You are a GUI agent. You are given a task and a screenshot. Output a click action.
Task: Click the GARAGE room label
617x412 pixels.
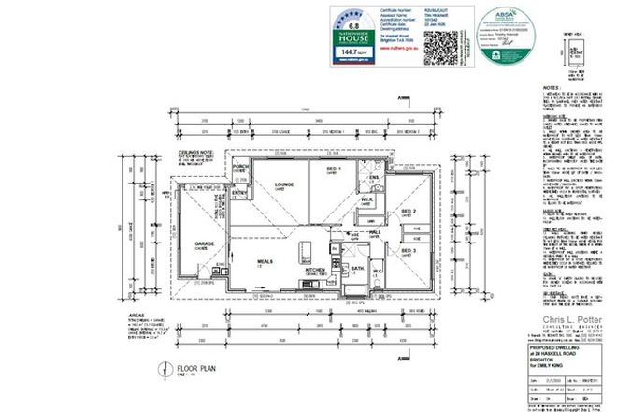click(x=205, y=243)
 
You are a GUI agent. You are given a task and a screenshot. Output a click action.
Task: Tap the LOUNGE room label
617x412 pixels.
click(x=284, y=185)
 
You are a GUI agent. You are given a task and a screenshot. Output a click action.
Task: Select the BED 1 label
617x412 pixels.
click(x=331, y=169)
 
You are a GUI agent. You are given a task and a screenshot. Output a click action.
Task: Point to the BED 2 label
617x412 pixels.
click(x=408, y=212)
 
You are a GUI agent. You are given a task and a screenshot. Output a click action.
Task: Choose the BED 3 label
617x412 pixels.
click(x=408, y=251)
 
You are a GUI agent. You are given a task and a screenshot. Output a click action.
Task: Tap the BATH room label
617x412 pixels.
click(x=356, y=269)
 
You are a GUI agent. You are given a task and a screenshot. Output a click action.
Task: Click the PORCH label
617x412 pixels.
click(x=240, y=168)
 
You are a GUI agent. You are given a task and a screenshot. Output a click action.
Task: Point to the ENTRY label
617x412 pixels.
click(x=240, y=194)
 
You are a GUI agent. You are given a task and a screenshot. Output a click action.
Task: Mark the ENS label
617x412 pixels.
click(x=371, y=177)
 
